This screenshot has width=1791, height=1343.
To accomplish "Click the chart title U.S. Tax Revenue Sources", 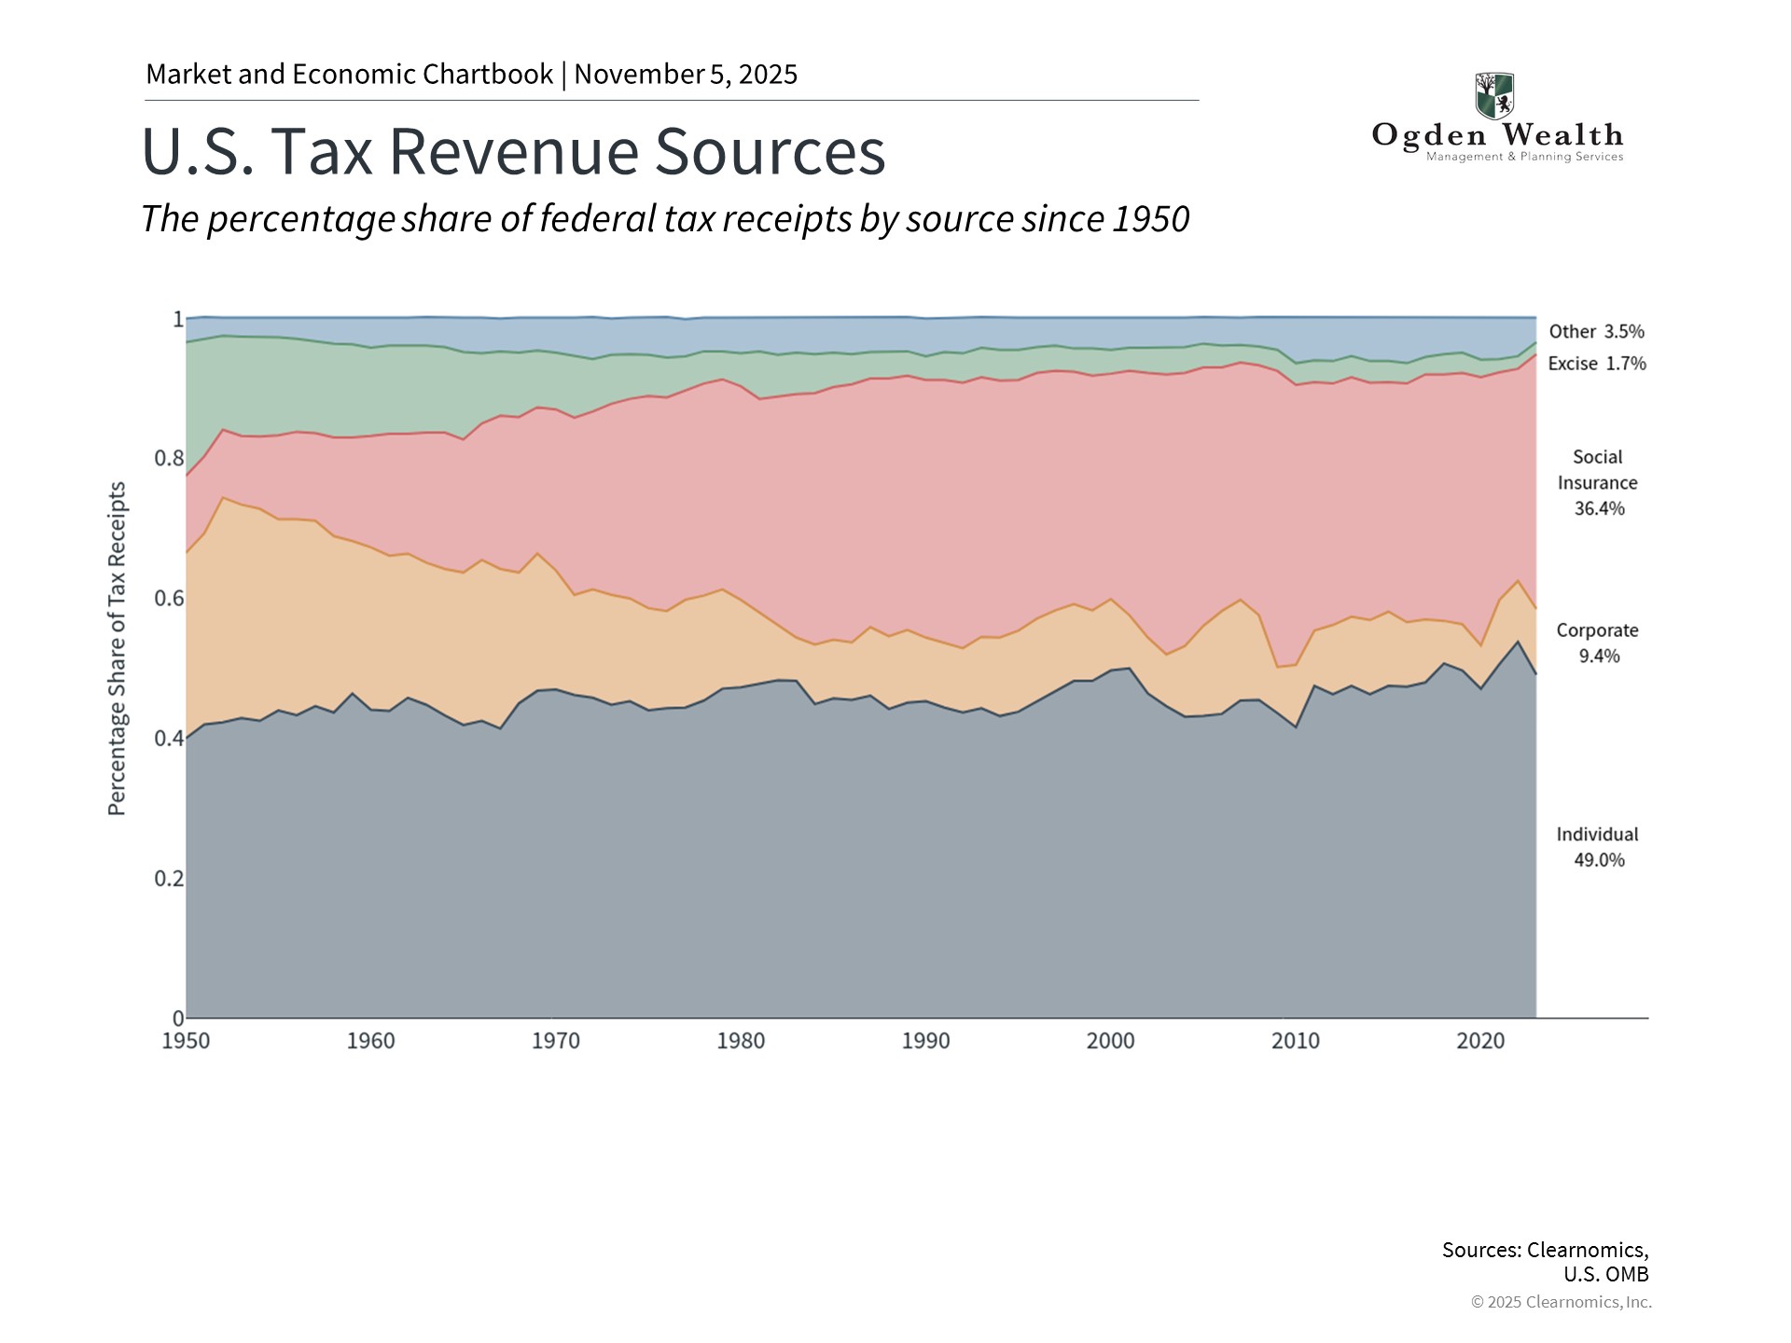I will tap(513, 151).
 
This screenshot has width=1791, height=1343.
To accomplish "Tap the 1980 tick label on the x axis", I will tap(741, 1041).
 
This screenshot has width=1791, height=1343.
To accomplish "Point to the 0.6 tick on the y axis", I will tap(169, 598).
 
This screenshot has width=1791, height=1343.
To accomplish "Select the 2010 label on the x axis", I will tap(1296, 1041).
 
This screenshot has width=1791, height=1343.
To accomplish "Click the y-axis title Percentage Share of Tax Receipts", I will tap(117, 648).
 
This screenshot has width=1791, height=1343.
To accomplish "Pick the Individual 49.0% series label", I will tap(1598, 847).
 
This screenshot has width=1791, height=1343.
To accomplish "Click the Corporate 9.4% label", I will tap(1598, 643).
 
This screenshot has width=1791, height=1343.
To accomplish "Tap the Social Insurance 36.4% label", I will tap(1598, 482).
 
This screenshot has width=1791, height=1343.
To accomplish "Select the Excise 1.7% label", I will tap(1597, 364).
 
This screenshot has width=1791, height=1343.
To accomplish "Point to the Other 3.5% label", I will tap(1596, 331).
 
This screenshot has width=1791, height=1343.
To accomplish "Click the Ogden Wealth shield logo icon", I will tap(1494, 95).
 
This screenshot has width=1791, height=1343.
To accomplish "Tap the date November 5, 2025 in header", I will tap(686, 75).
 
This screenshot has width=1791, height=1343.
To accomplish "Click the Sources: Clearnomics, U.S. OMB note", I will tap(1545, 1261).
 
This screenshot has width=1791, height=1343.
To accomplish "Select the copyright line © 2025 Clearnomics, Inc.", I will tap(1561, 1302).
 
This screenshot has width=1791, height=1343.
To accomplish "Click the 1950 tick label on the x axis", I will tap(186, 1041).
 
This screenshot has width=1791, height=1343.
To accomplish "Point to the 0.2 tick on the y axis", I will tap(169, 878).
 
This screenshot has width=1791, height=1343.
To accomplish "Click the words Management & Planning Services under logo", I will tap(1524, 157).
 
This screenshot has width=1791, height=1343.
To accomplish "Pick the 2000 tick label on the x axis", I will tap(1110, 1041).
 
